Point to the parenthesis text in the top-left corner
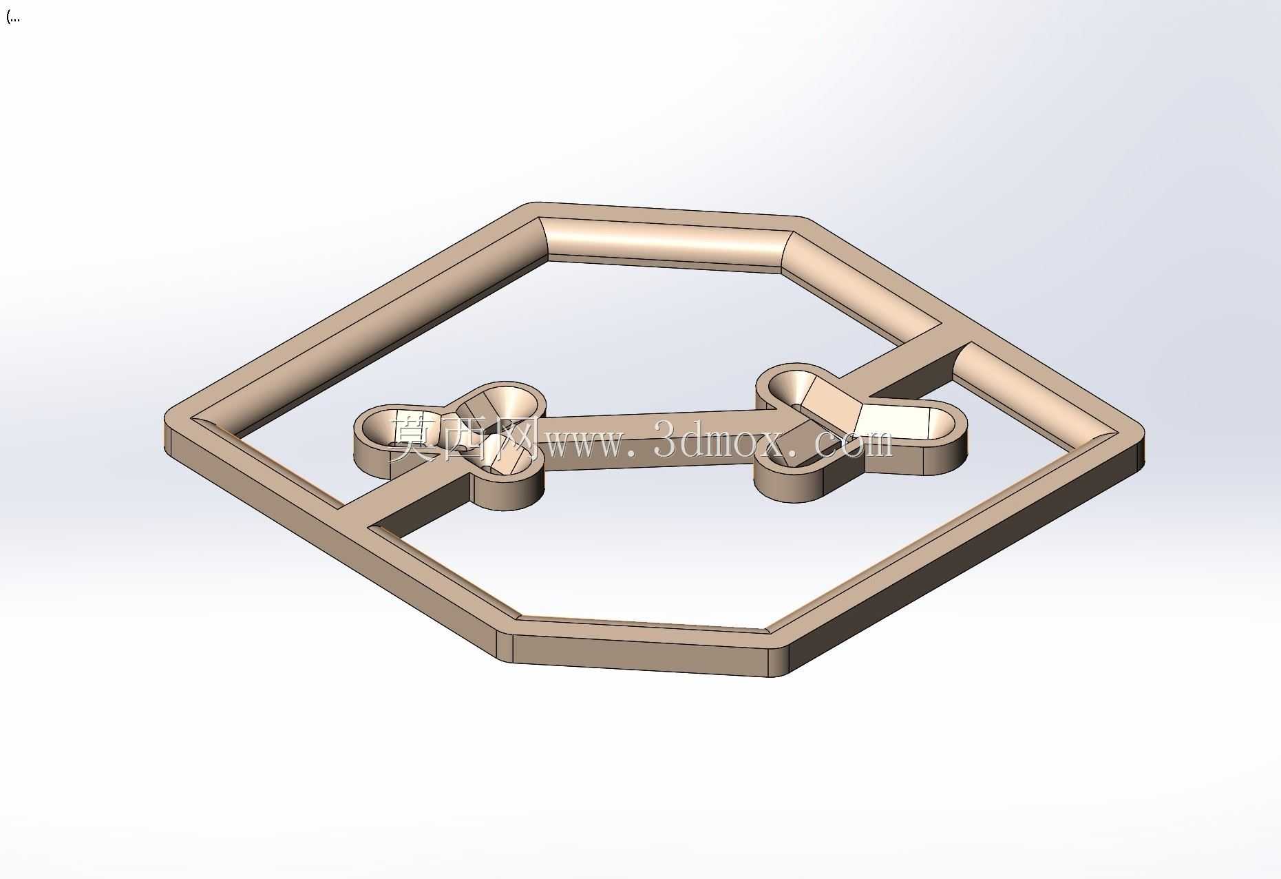pyautogui.click(x=12, y=17)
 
